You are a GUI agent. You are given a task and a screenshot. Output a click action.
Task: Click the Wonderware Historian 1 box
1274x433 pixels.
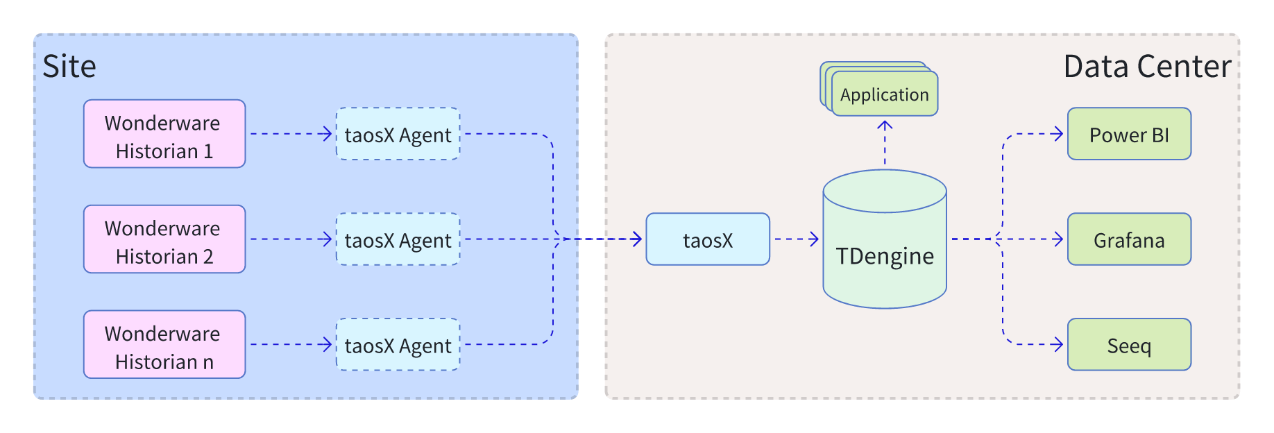[x=164, y=134]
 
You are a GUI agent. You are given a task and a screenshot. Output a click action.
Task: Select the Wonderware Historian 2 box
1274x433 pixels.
[x=164, y=239]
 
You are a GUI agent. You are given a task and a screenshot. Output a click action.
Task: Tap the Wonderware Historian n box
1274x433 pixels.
[x=164, y=345]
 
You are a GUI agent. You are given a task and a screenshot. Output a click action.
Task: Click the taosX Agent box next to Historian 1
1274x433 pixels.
[x=398, y=134]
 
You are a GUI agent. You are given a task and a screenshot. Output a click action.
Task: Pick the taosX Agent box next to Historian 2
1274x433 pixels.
[x=398, y=239]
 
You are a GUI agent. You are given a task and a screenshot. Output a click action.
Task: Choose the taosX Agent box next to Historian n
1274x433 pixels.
[x=398, y=345]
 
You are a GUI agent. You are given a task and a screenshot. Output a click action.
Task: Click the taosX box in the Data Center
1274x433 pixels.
[x=708, y=239]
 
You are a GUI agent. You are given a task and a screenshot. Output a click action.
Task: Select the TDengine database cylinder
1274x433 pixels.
[x=885, y=250]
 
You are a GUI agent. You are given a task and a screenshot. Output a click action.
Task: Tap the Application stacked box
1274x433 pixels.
[x=884, y=94]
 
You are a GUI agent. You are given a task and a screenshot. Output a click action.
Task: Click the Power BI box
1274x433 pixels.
[x=1129, y=134]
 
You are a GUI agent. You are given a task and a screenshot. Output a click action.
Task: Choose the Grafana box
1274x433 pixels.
[x=1129, y=239]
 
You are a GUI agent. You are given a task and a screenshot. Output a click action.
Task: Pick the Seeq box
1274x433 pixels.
[x=1129, y=345]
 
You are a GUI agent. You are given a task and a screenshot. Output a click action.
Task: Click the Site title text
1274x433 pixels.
[x=69, y=67]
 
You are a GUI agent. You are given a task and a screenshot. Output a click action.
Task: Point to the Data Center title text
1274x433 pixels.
[x=1147, y=67]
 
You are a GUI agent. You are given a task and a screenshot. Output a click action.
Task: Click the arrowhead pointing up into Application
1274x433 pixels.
[x=885, y=126]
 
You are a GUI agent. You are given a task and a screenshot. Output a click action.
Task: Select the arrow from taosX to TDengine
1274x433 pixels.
[x=796, y=239]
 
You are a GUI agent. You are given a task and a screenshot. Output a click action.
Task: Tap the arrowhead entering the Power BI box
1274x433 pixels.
[x=1059, y=134]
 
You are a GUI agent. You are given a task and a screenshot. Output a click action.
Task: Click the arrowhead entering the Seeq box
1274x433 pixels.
[x=1059, y=344]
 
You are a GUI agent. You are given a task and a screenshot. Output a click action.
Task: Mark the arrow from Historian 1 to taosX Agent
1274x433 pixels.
[x=290, y=134]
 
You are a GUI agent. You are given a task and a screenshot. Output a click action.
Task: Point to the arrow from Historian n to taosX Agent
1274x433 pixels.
[x=290, y=344]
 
